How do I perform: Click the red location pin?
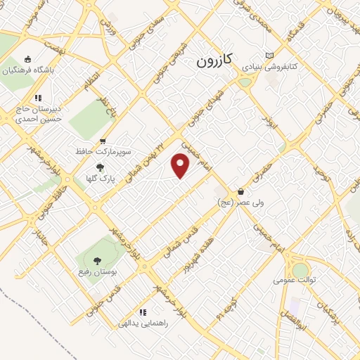[181, 166]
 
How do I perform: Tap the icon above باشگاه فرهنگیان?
[27, 59]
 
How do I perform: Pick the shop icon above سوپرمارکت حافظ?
[104, 141]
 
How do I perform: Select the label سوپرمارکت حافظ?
[104, 151]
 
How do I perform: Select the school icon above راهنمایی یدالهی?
[143, 312]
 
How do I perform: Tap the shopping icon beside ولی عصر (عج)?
[241, 191]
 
